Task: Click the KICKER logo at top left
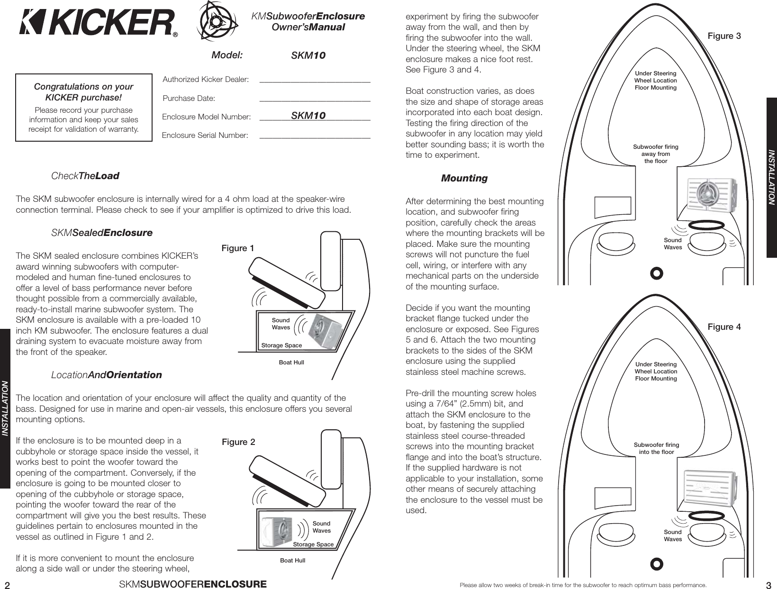coord(97,23)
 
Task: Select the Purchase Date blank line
coord(315,100)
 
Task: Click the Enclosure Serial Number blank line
coord(315,136)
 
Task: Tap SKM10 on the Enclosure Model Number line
coord(308,116)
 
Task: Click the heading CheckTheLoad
coord(85,176)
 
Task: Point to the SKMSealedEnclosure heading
coord(101,233)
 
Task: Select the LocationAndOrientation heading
coord(106,375)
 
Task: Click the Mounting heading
coord(464,179)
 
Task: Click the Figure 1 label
coord(238,248)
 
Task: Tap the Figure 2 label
coord(238,442)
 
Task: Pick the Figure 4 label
coord(724,327)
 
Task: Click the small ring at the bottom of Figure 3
coord(656,273)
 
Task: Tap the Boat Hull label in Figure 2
coord(292,561)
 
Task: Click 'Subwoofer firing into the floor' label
coord(656,448)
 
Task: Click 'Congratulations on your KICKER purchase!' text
coord(83,92)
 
